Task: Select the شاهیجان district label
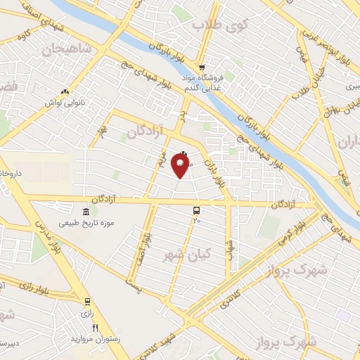[x=67, y=49]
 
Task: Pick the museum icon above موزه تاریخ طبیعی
[x=86, y=212]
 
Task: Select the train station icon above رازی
[x=86, y=302]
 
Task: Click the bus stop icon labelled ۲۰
[x=196, y=210]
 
